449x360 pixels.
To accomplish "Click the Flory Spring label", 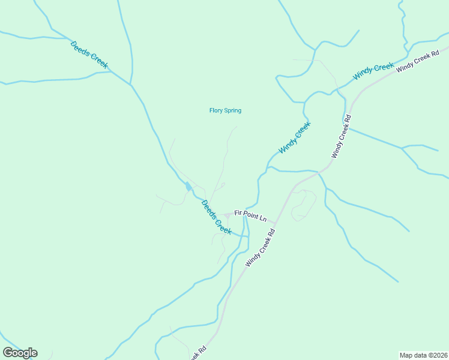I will click(x=225, y=110).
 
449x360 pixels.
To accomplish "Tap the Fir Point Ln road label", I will click(x=250, y=215).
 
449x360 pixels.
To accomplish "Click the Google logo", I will click(x=20, y=353).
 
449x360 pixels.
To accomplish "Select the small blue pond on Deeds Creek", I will click(x=188, y=187).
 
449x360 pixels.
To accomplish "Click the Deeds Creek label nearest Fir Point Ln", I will click(x=216, y=217).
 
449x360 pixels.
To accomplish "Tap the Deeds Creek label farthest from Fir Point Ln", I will click(x=89, y=55).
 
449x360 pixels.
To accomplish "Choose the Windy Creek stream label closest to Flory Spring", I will click(x=295, y=138).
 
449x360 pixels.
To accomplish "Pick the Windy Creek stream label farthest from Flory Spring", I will click(x=373, y=71).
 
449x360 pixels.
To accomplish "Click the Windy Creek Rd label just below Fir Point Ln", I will click(x=261, y=247).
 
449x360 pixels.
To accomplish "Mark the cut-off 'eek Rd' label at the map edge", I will click(x=198, y=353).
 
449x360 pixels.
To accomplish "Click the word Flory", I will click(x=216, y=110).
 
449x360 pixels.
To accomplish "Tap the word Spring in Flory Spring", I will click(x=233, y=110).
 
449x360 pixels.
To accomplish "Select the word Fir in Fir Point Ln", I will click(x=238, y=212).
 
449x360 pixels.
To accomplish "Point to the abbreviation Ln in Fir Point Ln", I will click(x=262, y=218).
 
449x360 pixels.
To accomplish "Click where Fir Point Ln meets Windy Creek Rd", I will click(x=276, y=223).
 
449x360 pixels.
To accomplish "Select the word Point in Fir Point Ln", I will click(x=249, y=215).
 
